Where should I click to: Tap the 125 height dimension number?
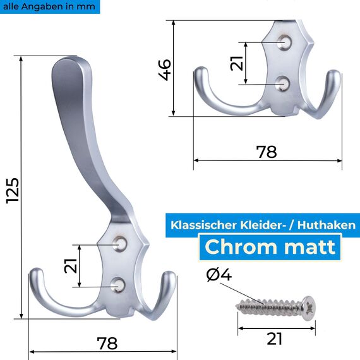13,189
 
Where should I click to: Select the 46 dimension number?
165,68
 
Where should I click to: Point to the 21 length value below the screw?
274,339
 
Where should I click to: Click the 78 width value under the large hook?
107,343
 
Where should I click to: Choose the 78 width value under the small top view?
267,152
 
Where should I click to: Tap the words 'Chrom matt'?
270,246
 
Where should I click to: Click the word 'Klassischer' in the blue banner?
203,224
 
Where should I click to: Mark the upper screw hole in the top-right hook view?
285,43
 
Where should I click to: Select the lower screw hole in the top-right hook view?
284,83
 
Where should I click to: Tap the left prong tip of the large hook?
35,275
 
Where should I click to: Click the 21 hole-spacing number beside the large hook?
72,265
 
